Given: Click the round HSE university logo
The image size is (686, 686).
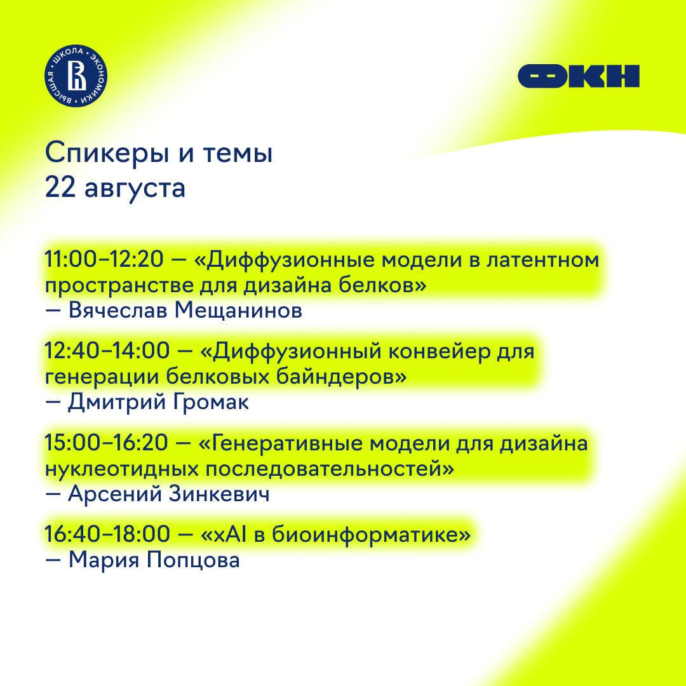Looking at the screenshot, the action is pos(76,76).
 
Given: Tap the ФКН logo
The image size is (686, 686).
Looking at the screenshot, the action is pos(579,77).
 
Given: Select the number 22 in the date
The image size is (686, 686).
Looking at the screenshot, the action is pos(60,187).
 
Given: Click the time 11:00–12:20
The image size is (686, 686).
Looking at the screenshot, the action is pos(104,259).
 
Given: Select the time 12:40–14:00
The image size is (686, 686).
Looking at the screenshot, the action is pos(107,351).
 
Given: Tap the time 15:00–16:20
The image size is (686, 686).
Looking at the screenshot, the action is pos(106,443).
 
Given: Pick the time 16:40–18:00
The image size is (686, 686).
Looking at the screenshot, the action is pos(107,534).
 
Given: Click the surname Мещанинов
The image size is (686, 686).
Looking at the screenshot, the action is pos(238,311).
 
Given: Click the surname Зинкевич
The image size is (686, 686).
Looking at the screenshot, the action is pos(219,494).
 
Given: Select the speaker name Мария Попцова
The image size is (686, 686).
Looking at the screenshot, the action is pos(154,560).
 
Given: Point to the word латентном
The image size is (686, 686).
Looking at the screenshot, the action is pos(543,260).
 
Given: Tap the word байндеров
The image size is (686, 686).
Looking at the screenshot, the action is pos(342,377).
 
